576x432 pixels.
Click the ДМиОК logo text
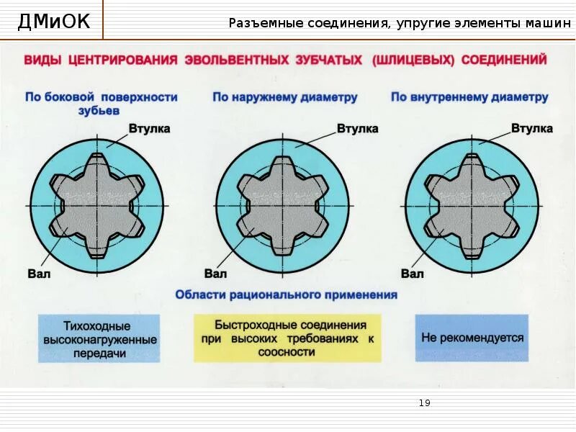pyautogui.click(x=54, y=22)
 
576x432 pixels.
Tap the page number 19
pyautogui.click(x=424, y=403)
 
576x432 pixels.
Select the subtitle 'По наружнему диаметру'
pyautogui.click(x=285, y=97)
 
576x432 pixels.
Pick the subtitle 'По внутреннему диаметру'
pyautogui.click(x=469, y=97)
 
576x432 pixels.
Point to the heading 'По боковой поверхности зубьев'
pyautogui.click(x=101, y=104)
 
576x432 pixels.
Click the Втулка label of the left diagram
pyautogui.click(x=149, y=129)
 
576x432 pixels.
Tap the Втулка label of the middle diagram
pyautogui.click(x=357, y=129)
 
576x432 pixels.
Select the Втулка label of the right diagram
pyautogui.click(x=532, y=129)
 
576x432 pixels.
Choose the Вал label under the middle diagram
pyautogui.click(x=215, y=274)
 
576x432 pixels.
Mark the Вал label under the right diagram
pyautogui.click(x=413, y=274)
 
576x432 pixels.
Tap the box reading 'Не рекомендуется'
pyautogui.click(x=472, y=338)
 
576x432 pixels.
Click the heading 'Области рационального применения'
pyautogui.click(x=286, y=294)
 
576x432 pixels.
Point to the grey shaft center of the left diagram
pyautogui.click(x=96, y=207)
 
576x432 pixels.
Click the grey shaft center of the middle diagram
pyautogui.click(x=282, y=207)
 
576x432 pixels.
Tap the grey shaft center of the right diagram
pyautogui.click(x=472, y=207)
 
